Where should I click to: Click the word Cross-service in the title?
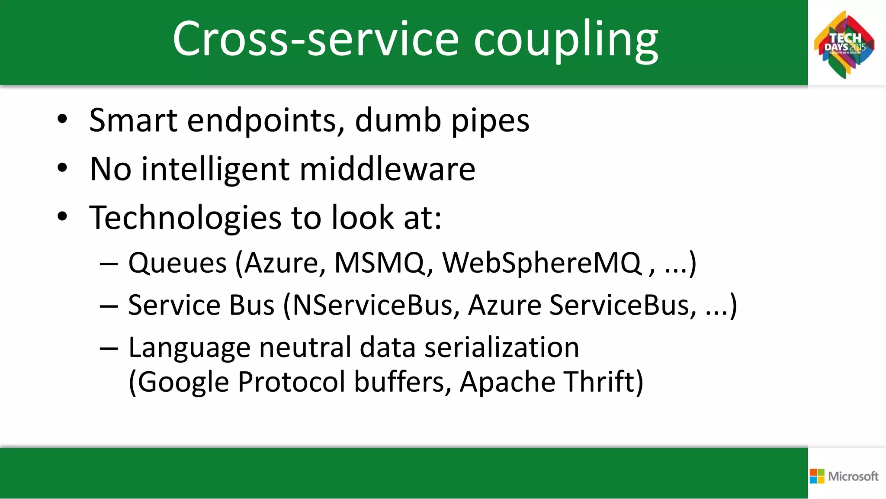point(315,39)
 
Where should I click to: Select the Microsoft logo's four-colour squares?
point(817,476)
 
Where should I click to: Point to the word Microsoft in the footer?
point(853,476)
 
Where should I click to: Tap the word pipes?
point(490,122)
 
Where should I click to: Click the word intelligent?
point(215,170)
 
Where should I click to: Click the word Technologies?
point(185,218)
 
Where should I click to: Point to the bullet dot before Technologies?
point(63,216)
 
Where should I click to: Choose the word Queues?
point(177,263)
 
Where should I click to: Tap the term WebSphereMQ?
point(542,263)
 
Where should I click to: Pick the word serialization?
point(501,348)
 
